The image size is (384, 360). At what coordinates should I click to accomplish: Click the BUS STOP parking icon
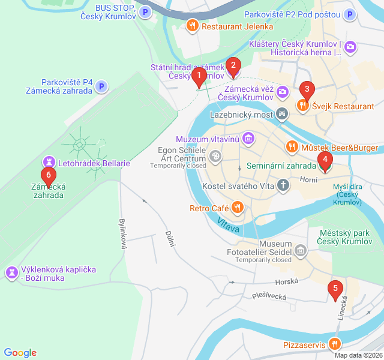pyautogui.click(x=145, y=11)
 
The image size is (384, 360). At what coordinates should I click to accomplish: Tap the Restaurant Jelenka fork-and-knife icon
pyautogui.click(x=192, y=26)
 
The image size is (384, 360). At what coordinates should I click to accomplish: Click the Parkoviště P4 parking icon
pyautogui.click(x=101, y=87)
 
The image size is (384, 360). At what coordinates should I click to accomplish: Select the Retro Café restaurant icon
pyautogui.click(x=237, y=208)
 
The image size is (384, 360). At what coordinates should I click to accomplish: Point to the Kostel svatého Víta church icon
pyautogui.click(x=283, y=186)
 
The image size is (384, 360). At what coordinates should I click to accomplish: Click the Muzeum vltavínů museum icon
pyautogui.click(x=248, y=140)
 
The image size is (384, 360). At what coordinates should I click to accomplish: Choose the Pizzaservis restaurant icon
pyautogui.click(x=334, y=344)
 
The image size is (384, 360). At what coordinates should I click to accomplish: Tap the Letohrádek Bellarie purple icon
pyautogui.click(x=48, y=162)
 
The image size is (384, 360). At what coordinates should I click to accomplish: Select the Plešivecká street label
pyautogui.click(x=269, y=295)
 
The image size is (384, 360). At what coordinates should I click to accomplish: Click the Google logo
pyautogui.click(x=20, y=353)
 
